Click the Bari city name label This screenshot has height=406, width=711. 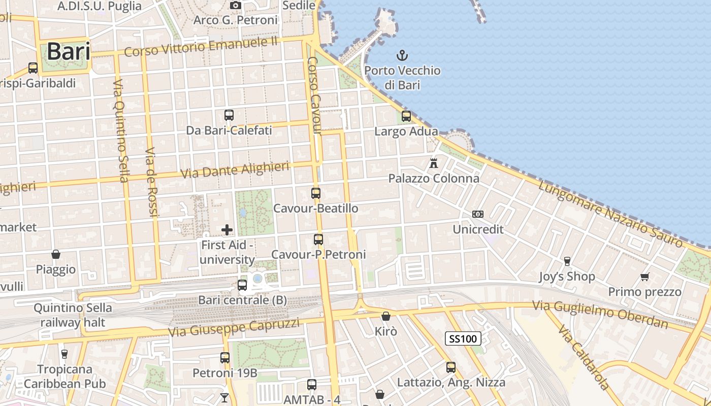(x=69, y=52)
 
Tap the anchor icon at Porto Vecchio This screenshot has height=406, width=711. (x=402, y=55)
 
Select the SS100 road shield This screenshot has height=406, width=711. (x=463, y=339)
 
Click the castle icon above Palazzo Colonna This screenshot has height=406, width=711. (x=434, y=163)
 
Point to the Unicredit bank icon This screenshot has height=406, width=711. (x=478, y=214)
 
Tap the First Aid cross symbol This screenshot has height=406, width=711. (x=227, y=230)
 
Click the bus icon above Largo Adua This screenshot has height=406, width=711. (x=406, y=116)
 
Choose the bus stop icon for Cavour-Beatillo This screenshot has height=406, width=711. (x=316, y=193)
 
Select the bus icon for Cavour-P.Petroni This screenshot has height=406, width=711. (x=318, y=240)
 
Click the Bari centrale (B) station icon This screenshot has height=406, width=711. (x=242, y=285)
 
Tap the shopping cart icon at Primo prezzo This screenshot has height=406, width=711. (x=645, y=277)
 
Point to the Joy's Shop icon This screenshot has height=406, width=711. (x=567, y=261)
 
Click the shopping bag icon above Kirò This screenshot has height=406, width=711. (x=386, y=316)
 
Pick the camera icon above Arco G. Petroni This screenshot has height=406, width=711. (x=235, y=5)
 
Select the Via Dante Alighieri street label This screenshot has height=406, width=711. (x=235, y=170)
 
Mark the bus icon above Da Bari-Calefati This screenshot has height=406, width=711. (x=229, y=115)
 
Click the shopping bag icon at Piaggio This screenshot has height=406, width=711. (x=56, y=254)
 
